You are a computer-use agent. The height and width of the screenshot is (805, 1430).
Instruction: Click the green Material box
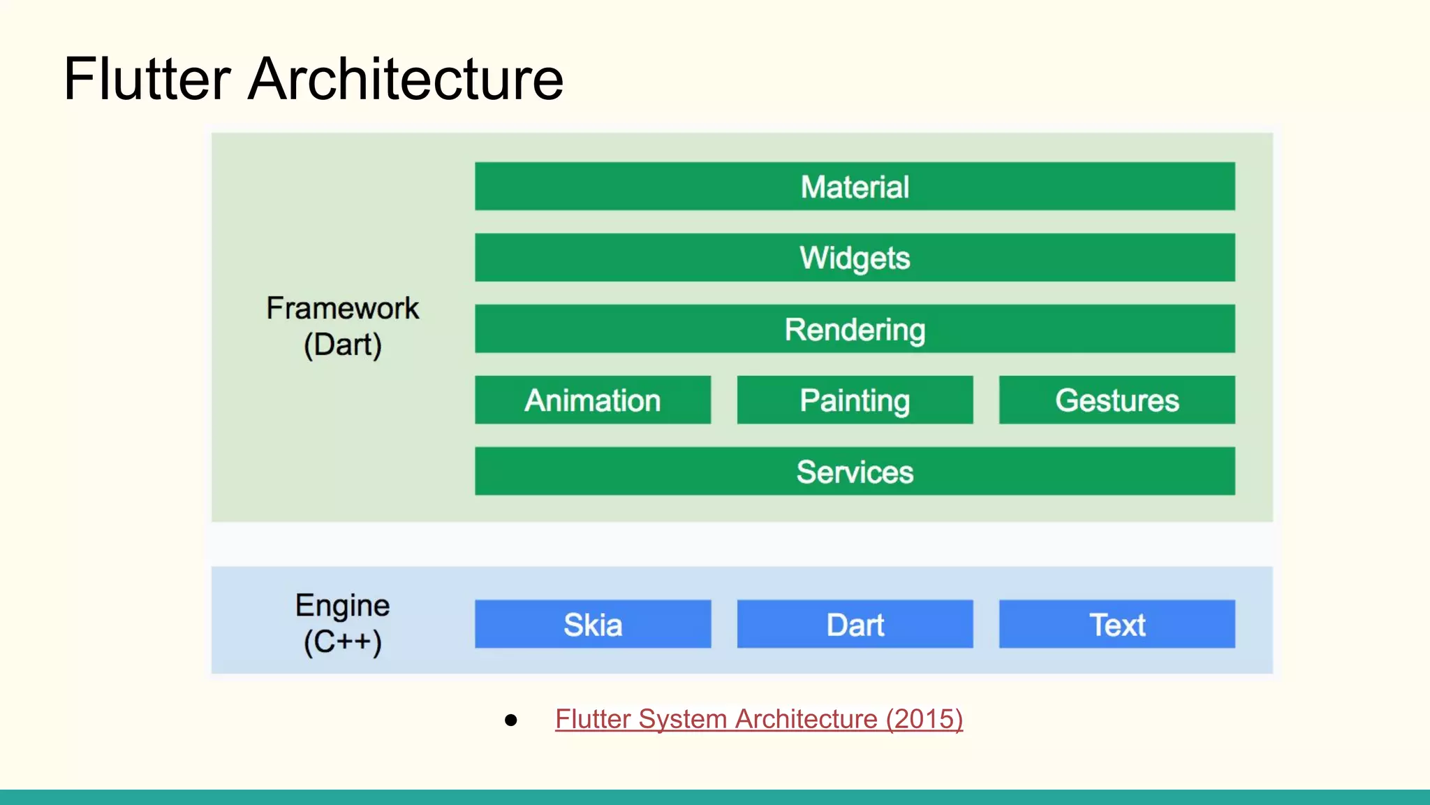[x=855, y=187]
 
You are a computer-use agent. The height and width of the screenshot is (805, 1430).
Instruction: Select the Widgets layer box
[x=855, y=258]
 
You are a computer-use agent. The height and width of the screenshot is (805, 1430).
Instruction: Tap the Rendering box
[x=855, y=329]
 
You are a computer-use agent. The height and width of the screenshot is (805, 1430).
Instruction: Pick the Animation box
[x=593, y=400]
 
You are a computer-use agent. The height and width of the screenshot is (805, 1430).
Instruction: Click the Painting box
[x=855, y=400]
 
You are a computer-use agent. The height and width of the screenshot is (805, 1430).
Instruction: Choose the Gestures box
[x=1116, y=400]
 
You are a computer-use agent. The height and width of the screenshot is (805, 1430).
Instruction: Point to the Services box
[x=855, y=472]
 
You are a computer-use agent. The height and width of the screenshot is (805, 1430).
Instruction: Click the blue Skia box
[x=593, y=624]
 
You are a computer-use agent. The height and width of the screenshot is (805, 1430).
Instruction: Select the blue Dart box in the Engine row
[x=855, y=624]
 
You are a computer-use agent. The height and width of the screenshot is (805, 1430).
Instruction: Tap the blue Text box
[x=1116, y=624]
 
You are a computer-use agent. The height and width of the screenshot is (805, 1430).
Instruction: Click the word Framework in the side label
[x=342, y=308]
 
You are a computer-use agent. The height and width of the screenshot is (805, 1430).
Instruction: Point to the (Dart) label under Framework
[x=342, y=345]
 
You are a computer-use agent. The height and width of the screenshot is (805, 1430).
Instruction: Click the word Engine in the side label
[x=342, y=605]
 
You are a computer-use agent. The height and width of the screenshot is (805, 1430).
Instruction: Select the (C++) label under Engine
[x=342, y=641]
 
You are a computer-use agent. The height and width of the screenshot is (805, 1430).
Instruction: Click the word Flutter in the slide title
[x=147, y=79]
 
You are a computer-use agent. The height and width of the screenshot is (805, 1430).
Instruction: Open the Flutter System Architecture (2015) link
[x=759, y=719]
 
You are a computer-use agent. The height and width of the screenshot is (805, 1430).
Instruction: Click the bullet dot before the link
[x=511, y=720]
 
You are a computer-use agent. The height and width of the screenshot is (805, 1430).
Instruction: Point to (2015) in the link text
[x=924, y=719]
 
